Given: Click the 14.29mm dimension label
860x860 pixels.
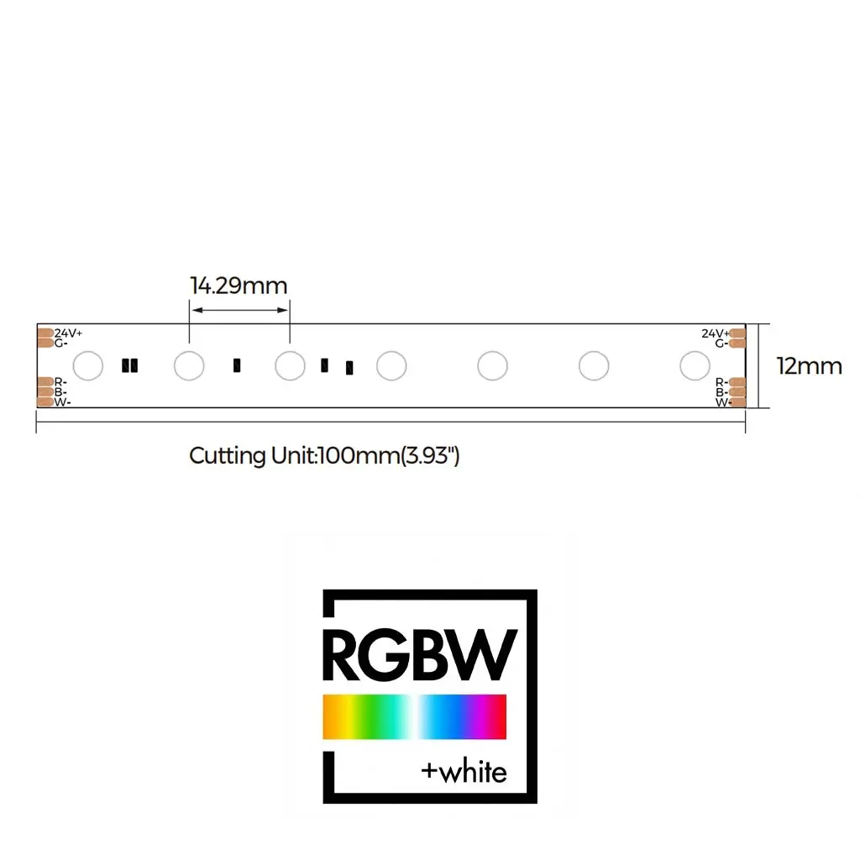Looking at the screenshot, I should click(x=239, y=286).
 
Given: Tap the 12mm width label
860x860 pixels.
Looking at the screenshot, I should click(x=809, y=366).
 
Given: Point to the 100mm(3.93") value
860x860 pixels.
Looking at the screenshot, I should click(x=389, y=456).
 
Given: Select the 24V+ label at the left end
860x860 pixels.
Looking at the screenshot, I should click(x=69, y=333).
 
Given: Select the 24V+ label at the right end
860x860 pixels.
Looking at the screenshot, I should click(x=715, y=333).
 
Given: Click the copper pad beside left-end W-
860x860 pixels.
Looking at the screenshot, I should click(x=45, y=402).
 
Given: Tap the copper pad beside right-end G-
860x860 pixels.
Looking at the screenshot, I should click(x=737, y=343).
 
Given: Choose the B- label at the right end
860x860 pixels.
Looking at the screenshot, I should click(x=721, y=392).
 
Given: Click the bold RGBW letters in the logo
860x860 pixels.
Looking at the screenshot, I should click(x=419, y=655).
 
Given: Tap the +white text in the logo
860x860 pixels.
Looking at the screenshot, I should click(x=464, y=772).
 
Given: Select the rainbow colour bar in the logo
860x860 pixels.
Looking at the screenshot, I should click(x=414, y=716).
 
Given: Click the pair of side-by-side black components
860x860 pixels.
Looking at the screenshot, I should click(x=130, y=365).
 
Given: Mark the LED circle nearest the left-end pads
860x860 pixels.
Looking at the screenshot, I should click(x=88, y=366).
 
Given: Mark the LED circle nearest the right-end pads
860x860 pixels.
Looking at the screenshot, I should click(x=695, y=366).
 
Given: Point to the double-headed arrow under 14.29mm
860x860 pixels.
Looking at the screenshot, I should click(x=239, y=311).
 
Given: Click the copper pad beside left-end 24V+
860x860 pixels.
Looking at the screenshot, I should click(x=45, y=333).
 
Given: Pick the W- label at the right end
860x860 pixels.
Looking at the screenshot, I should click(x=721, y=402).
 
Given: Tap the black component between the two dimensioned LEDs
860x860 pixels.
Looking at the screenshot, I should click(x=237, y=365).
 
